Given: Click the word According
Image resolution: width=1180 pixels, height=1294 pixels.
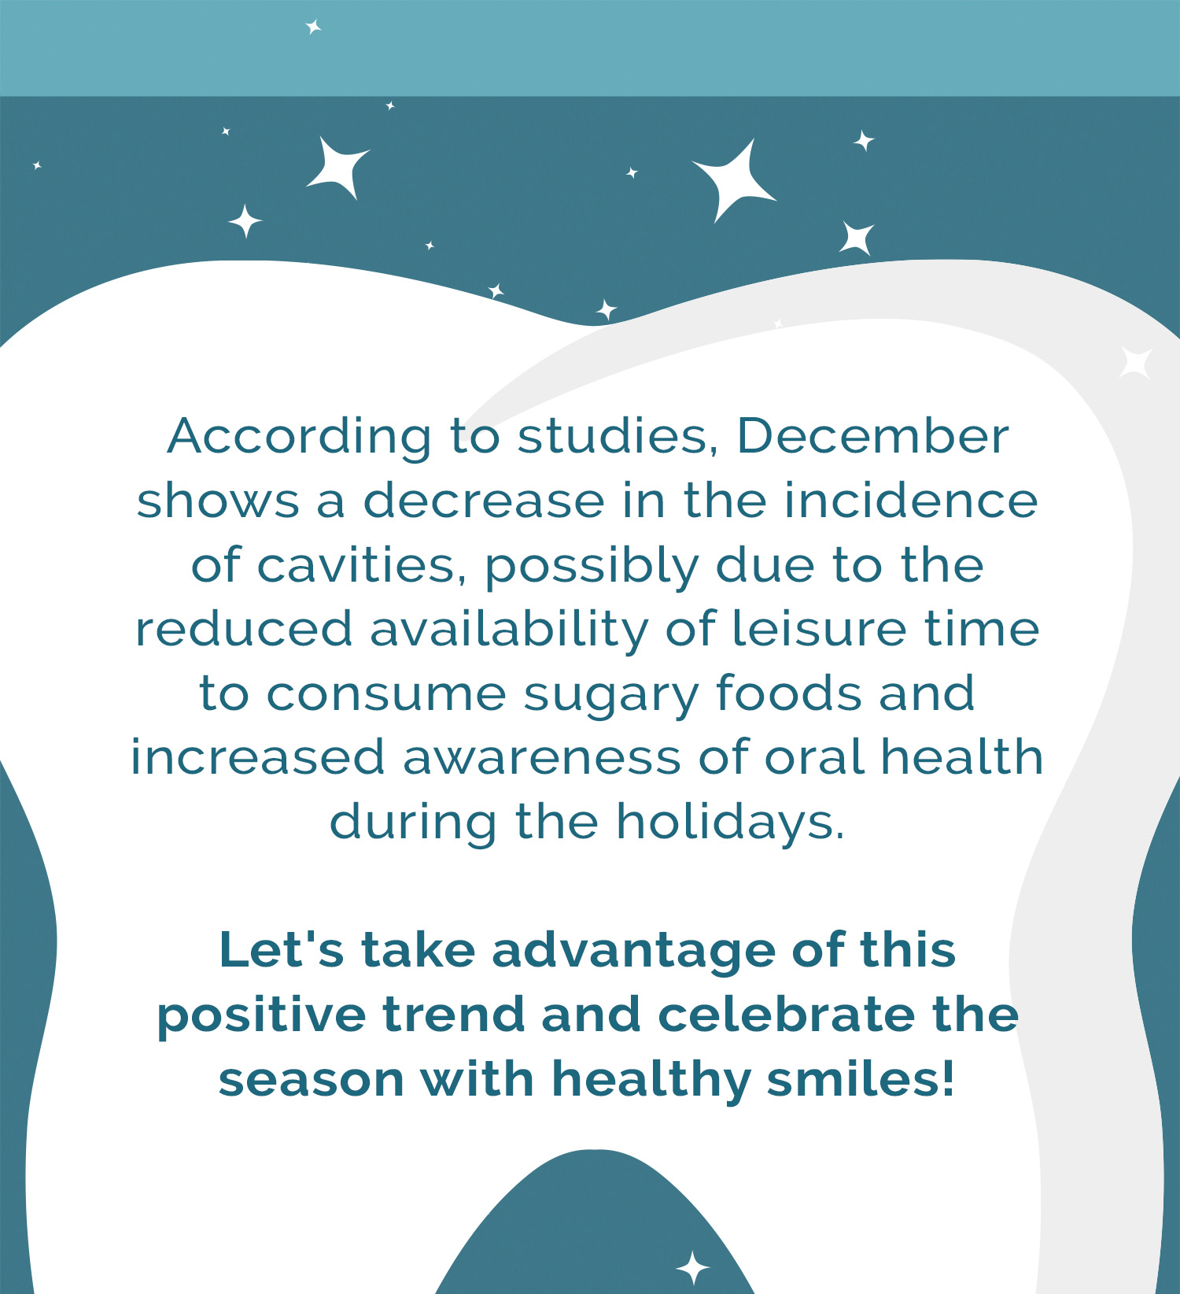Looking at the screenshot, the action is (x=300, y=438).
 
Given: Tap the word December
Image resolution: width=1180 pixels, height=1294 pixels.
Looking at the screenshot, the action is (x=872, y=436).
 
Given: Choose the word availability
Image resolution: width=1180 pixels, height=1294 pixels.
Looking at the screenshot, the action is (x=510, y=630).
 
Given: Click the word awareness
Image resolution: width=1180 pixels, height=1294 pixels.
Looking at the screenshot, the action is (x=543, y=757).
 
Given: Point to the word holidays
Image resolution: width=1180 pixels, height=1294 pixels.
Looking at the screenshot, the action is (x=730, y=823).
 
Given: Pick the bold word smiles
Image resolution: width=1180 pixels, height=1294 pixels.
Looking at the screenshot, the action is (x=861, y=1078).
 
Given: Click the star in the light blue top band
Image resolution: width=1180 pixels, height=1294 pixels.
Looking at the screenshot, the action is (x=313, y=28).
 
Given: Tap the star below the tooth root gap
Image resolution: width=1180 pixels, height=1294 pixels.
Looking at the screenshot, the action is (x=693, y=1268).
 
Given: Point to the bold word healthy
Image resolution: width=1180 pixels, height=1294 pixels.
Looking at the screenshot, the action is (x=651, y=1080).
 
